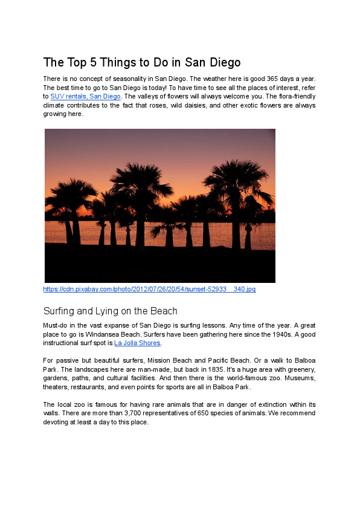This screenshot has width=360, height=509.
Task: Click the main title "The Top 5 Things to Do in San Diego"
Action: click(x=142, y=62)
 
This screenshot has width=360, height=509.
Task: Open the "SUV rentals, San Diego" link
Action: click(x=85, y=96)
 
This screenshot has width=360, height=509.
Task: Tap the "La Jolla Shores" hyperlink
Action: click(x=137, y=343)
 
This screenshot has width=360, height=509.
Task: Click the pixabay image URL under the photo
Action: click(x=149, y=290)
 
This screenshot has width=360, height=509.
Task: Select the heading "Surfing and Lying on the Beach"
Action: click(x=110, y=311)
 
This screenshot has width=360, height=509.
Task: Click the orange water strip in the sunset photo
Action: click(x=181, y=232)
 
